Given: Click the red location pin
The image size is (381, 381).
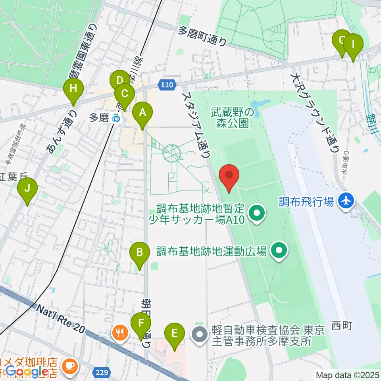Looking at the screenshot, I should [229, 177].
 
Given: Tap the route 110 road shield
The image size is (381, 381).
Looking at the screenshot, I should [167, 84].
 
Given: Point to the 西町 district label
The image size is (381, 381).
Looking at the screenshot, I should [342, 326].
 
